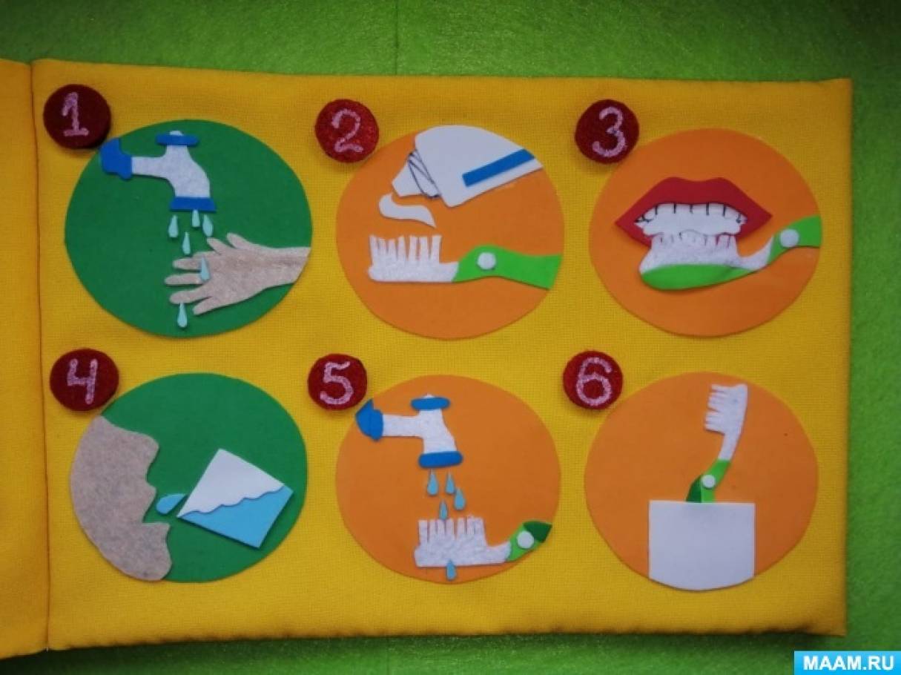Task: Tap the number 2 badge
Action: pos(346,129)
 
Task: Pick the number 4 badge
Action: pos(85,381)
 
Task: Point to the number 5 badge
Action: pos(338,381)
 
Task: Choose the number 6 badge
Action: pos(593,381)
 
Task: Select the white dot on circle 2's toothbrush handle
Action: pos(486,260)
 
